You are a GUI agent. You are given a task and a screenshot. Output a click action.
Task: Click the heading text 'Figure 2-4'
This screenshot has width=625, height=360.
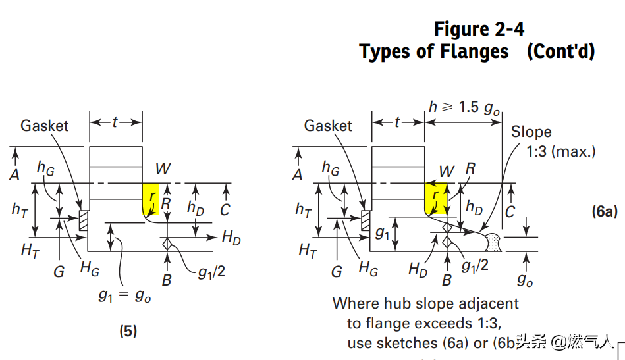pyautogui.click(x=479, y=29)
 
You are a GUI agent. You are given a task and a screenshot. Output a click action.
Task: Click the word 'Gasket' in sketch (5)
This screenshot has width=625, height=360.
pyautogui.click(x=44, y=125)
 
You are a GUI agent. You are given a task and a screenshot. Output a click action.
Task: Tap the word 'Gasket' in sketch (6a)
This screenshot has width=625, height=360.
pyautogui.click(x=328, y=125)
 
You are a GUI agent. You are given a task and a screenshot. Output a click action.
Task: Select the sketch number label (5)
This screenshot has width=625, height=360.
pyautogui.click(x=128, y=331)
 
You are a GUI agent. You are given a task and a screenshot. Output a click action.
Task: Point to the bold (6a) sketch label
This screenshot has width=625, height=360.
pyautogui.click(x=604, y=211)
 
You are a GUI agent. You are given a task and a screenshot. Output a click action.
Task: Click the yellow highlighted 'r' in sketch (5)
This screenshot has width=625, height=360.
pyautogui.click(x=152, y=198)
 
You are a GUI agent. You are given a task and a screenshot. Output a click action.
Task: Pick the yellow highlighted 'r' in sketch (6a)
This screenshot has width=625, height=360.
pyautogui.click(x=435, y=197)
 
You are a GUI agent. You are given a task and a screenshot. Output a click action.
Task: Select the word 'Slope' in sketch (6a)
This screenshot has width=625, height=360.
pyautogui.click(x=531, y=132)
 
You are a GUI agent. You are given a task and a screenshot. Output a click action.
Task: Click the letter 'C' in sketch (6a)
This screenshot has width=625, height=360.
pyautogui.click(x=509, y=212)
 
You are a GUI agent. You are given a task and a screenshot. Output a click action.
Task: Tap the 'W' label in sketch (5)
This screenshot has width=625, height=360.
pyautogui.click(x=163, y=169)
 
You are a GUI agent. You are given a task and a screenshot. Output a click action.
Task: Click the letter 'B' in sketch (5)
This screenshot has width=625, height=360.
pyautogui.click(x=167, y=280)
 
